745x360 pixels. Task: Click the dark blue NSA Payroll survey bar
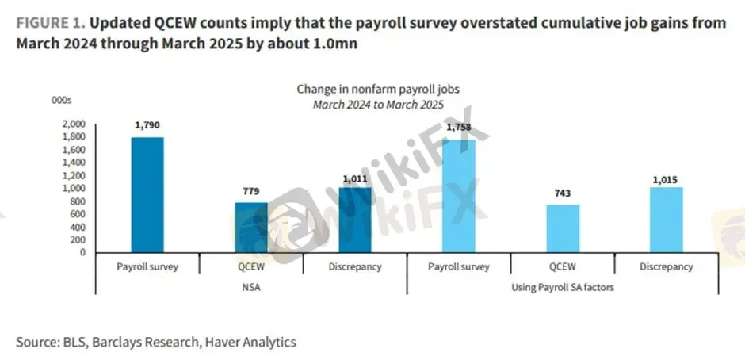point(147,194)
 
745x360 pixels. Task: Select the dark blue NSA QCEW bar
point(251,227)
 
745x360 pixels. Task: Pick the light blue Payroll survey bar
point(459,196)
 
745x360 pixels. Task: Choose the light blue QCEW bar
point(562,228)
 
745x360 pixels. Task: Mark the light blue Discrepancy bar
point(667,220)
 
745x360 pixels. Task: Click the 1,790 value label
point(147,124)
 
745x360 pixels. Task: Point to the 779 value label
point(251,190)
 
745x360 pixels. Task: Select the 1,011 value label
point(356,179)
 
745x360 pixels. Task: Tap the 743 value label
point(562,193)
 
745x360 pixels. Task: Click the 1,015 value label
point(667,181)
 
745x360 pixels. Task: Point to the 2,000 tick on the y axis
point(72,124)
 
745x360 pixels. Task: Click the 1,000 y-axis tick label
point(72,189)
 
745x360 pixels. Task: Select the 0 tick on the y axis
point(82,252)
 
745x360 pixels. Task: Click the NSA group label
point(251,287)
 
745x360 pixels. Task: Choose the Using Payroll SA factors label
point(563,287)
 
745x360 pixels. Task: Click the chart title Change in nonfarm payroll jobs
point(377,90)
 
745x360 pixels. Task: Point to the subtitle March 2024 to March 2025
point(377,104)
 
